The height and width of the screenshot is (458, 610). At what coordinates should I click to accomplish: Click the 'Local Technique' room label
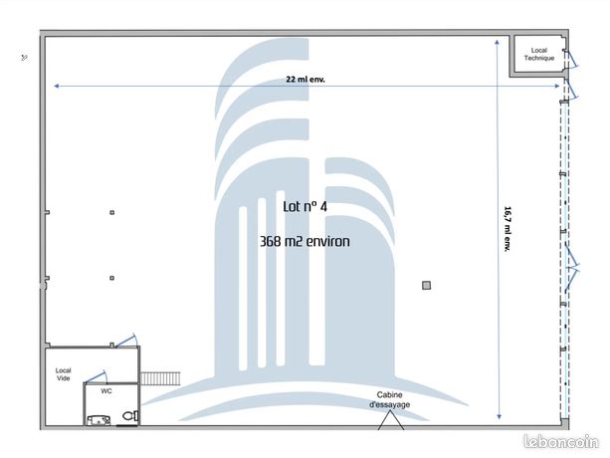pyautogui.click(x=538, y=54)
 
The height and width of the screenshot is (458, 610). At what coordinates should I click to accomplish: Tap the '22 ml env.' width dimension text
pyautogui.click(x=305, y=80)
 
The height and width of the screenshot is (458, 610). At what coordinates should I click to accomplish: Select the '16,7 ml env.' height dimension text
pyautogui.click(x=508, y=229)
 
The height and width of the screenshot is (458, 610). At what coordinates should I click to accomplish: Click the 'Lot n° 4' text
pyautogui.click(x=305, y=207)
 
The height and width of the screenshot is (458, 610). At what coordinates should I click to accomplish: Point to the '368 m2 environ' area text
pyautogui.click(x=305, y=241)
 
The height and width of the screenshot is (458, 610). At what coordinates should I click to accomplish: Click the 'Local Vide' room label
pyautogui.click(x=63, y=374)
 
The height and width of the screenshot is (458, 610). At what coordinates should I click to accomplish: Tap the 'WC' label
pyautogui.click(x=106, y=391)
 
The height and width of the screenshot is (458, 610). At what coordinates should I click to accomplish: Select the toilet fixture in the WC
pyautogui.click(x=130, y=416)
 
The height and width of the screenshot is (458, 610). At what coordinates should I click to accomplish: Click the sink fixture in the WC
pyautogui.click(x=99, y=420)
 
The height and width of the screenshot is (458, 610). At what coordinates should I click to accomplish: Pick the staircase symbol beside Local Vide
pyautogui.click(x=160, y=378)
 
